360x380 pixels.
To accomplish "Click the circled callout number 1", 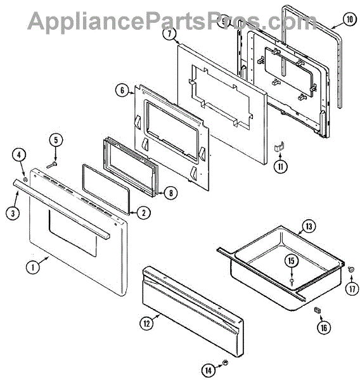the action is (x=33, y=267).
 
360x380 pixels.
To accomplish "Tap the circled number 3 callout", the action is (x=13, y=213).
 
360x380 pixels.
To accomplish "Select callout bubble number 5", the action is (x=56, y=140).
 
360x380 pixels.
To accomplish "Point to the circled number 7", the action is (x=169, y=34).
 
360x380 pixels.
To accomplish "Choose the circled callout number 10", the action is (x=350, y=19).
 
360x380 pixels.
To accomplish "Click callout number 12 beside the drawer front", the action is (x=147, y=323).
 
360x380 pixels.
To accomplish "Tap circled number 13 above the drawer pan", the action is (x=309, y=227).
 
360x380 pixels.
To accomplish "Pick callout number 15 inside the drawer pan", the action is (x=291, y=261).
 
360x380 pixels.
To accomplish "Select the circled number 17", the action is (x=352, y=289).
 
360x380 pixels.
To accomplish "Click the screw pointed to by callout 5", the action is (x=52, y=165).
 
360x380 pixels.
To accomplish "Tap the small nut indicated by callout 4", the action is (x=25, y=180).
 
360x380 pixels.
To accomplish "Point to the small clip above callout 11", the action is (x=280, y=147).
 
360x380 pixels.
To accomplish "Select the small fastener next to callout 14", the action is (x=226, y=363).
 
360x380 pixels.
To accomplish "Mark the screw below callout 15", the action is (x=292, y=282).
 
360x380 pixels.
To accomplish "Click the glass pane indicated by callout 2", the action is (x=106, y=189).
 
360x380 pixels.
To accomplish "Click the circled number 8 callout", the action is (x=170, y=193).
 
